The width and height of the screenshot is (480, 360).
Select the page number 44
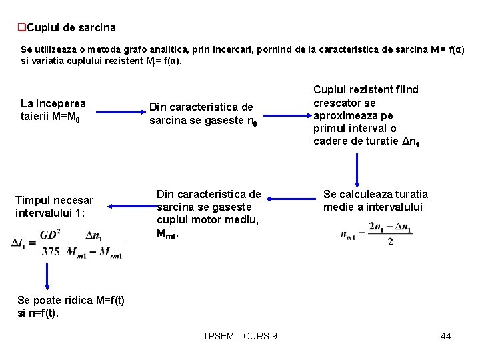point(445,336)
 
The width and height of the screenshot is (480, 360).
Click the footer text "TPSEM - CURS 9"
point(240,336)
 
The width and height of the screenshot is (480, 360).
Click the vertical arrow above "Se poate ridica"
point(47,273)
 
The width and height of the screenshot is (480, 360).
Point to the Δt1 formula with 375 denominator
point(67,243)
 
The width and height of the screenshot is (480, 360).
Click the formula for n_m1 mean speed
point(376,234)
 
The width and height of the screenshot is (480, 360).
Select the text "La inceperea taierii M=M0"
point(53,110)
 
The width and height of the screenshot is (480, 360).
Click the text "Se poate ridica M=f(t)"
point(70,300)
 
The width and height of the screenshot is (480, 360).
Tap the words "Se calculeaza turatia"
point(375,194)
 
